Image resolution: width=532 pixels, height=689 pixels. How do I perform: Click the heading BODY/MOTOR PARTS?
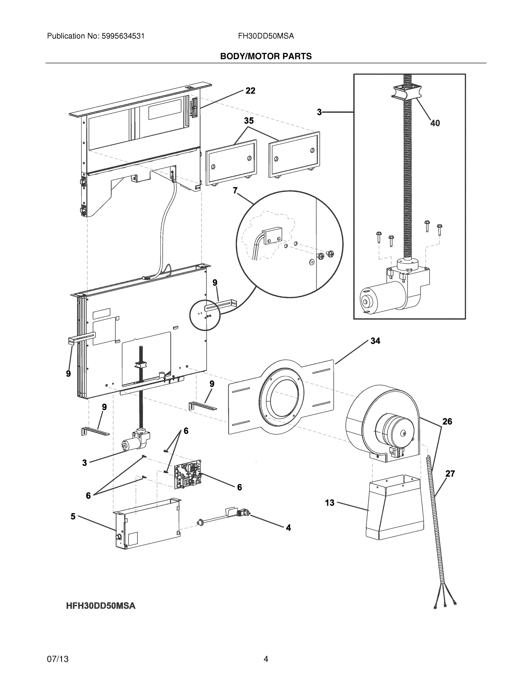pos(266,56)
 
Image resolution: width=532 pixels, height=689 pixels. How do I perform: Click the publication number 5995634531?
pos(123,36)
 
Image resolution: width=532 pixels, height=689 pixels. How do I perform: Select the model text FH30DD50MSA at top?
pos(266,36)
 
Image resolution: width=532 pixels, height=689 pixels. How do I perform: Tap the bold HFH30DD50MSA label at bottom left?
pos(101,606)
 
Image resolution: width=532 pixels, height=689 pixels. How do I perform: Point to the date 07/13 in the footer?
pos(58,659)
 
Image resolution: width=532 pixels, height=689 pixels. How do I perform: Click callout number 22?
pos(250,91)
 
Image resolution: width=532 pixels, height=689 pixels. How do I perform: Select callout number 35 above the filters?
pos(249,121)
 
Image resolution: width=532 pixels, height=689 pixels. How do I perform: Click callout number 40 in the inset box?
pos(435,123)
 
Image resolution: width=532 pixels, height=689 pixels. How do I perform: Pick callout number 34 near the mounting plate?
pos(375,341)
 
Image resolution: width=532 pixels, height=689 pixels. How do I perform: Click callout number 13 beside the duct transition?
pos(330,503)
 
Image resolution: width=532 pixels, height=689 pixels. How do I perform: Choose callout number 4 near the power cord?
pos(289,527)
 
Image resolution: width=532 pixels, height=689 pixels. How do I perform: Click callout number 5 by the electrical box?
pos(73,516)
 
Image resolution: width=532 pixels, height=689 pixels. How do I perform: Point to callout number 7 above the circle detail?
pos(235,191)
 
